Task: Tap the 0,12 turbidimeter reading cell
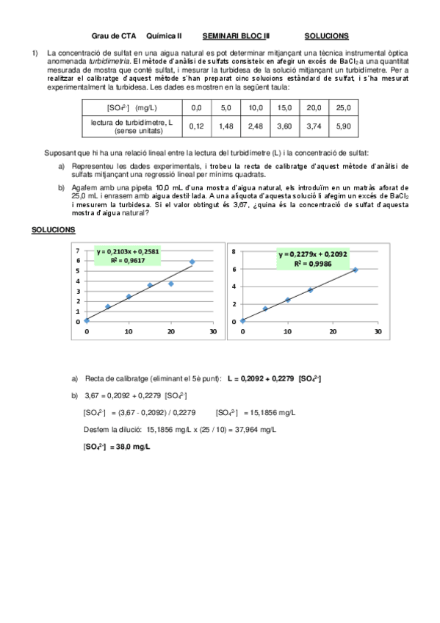click(x=196, y=126)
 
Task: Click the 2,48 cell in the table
click(x=256, y=126)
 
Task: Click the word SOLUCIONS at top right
click(x=326, y=35)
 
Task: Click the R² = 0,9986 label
click(x=311, y=263)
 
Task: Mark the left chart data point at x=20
click(x=171, y=284)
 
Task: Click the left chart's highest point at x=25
click(x=192, y=262)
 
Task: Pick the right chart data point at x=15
click(x=310, y=290)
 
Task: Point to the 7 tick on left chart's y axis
click(x=78, y=251)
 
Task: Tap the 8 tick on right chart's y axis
click(x=233, y=251)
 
